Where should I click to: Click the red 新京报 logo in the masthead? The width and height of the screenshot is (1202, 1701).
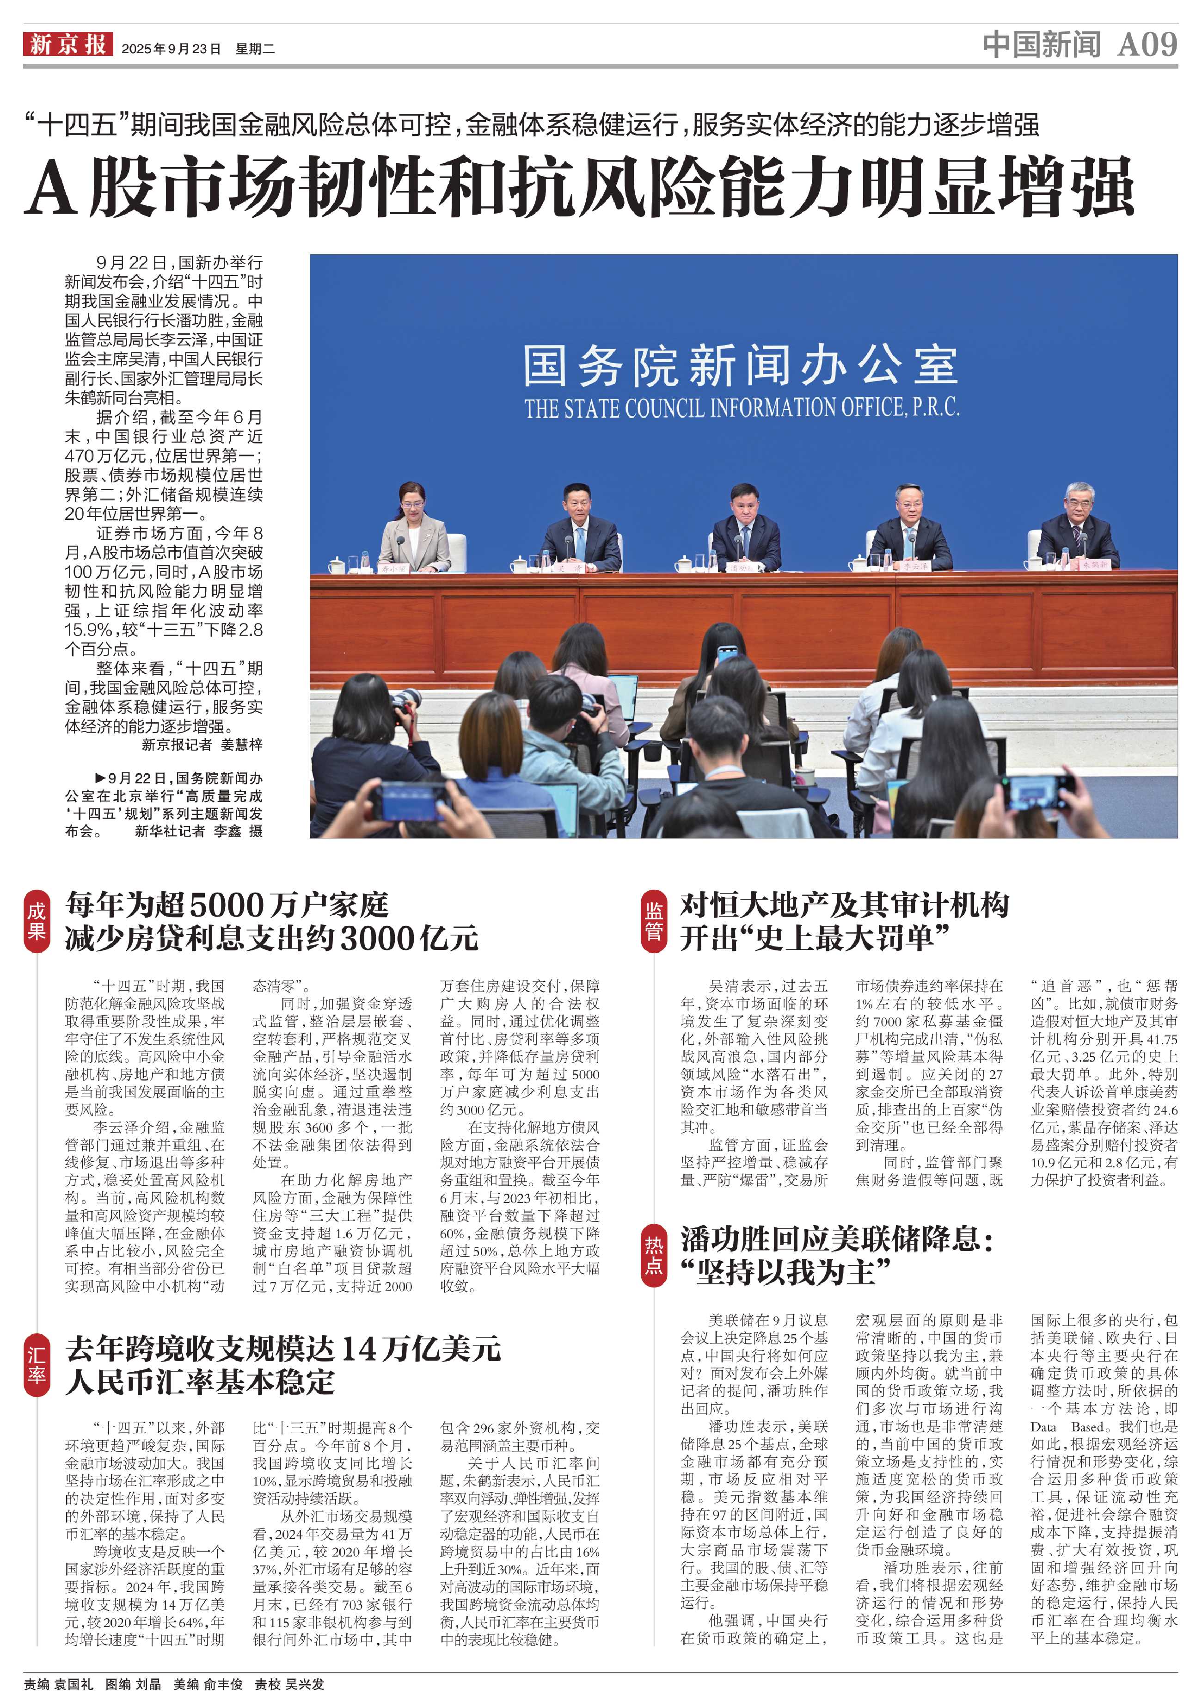point(67,44)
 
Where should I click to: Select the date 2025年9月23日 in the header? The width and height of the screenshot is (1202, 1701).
point(171,49)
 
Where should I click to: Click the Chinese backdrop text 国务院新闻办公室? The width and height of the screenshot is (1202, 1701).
point(741,365)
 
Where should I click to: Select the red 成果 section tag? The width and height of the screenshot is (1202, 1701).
point(36,921)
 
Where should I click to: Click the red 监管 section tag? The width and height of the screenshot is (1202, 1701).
point(653,921)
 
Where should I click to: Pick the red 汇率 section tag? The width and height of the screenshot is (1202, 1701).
point(36,1365)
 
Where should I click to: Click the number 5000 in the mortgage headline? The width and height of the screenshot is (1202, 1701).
point(227,906)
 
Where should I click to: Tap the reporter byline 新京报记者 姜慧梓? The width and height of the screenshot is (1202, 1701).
point(202,745)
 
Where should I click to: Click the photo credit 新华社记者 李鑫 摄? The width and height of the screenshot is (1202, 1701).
point(198,831)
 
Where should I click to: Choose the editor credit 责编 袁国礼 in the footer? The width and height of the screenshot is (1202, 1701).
point(59,1684)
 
